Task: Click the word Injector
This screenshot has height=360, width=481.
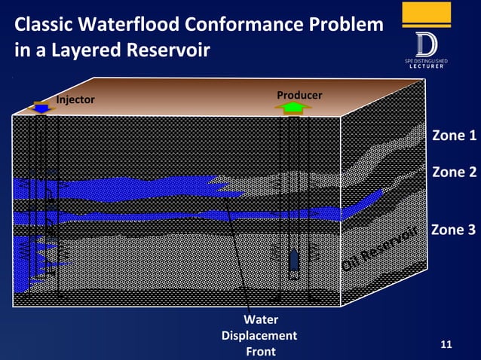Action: click(76, 99)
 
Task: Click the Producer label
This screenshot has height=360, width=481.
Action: click(299, 95)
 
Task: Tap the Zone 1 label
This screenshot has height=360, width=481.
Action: click(454, 136)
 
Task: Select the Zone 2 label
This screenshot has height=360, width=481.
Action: click(454, 172)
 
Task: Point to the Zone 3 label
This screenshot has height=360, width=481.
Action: click(454, 229)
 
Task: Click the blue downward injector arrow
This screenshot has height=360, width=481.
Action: click(42, 108)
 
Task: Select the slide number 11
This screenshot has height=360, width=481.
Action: click(446, 344)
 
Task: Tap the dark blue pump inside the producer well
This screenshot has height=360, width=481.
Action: click(295, 260)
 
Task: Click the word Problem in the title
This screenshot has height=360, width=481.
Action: click(346, 25)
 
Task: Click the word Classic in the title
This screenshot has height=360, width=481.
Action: click(41, 25)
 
